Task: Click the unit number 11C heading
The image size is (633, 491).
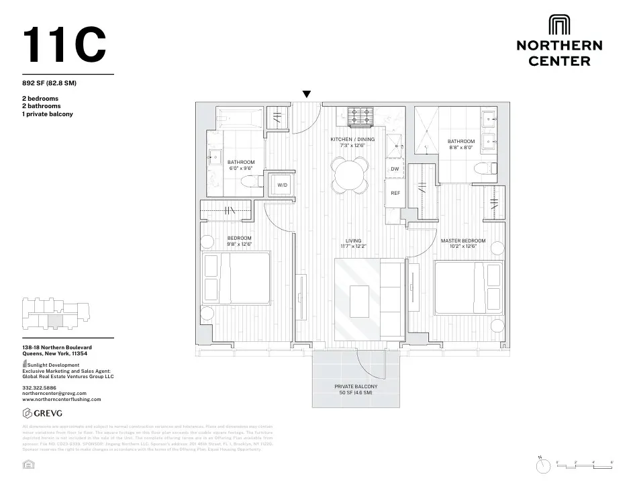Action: pos(64,45)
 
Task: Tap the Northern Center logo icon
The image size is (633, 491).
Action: pos(558,25)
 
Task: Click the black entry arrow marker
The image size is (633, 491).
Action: pos(307,95)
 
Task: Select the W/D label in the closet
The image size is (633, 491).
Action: pos(283,185)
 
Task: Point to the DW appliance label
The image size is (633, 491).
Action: pos(395,169)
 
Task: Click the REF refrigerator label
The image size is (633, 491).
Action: pos(395,193)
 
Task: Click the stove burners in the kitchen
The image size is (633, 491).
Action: pos(360,118)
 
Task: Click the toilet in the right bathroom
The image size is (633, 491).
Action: pos(484,169)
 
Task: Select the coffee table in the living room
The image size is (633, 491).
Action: pos(360,296)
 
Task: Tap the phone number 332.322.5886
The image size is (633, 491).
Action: pos(38,388)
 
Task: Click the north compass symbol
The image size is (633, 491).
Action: pos(540,465)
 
